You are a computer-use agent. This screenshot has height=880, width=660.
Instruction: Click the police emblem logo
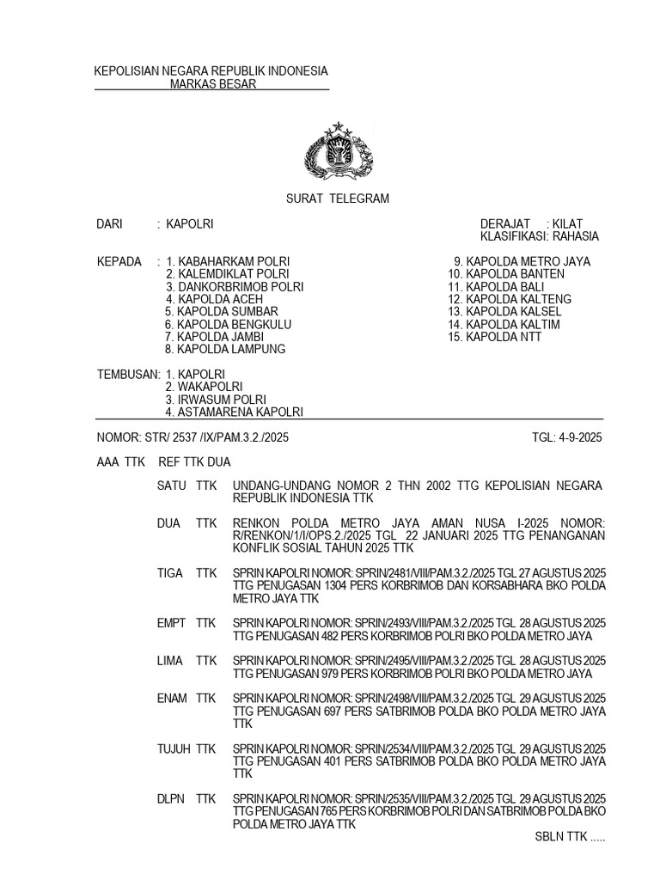[x=339, y=151]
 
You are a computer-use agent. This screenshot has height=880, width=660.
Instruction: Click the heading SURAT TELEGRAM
[x=337, y=199]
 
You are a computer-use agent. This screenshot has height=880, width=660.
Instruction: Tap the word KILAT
[x=568, y=223]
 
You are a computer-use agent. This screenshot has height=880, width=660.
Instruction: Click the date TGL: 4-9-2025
[x=567, y=437]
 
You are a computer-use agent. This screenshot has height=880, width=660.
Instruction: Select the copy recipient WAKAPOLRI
[x=210, y=388]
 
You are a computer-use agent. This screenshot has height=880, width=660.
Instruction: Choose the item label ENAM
[x=173, y=698]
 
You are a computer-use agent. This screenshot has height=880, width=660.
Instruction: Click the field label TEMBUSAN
[x=128, y=375]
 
